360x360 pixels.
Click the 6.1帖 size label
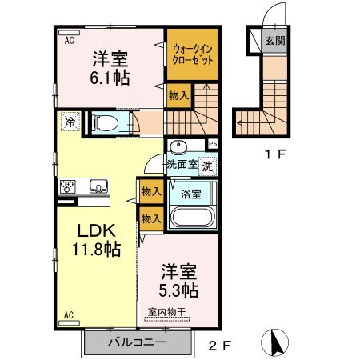tap(111, 78)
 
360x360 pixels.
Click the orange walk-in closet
tap(190, 54)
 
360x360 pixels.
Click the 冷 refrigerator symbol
tap(70, 123)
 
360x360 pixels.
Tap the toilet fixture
tap(105, 123)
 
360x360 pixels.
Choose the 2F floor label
tap(218, 346)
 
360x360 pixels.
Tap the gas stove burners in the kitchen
tap(67, 187)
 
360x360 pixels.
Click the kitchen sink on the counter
tap(99, 187)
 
